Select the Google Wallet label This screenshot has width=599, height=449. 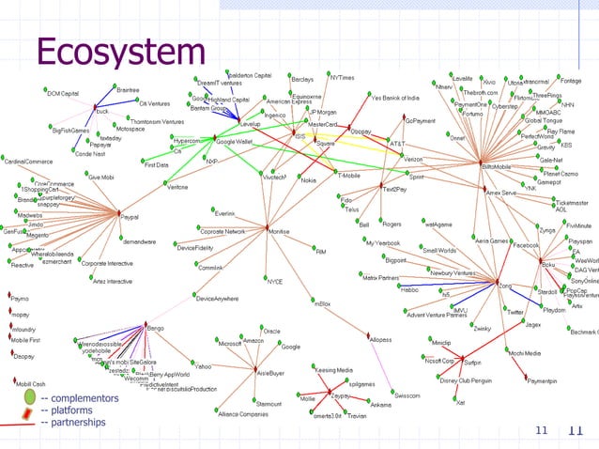coord(234,141)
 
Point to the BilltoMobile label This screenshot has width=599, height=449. coord(497,166)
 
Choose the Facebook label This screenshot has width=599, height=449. coord(525,244)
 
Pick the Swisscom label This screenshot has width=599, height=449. coord(407,396)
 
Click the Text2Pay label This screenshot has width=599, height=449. coord(394,190)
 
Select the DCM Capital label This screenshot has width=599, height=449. coord(64,93)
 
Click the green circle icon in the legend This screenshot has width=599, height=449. coord(29,397)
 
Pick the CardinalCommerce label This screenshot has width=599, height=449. coord(27,161)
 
